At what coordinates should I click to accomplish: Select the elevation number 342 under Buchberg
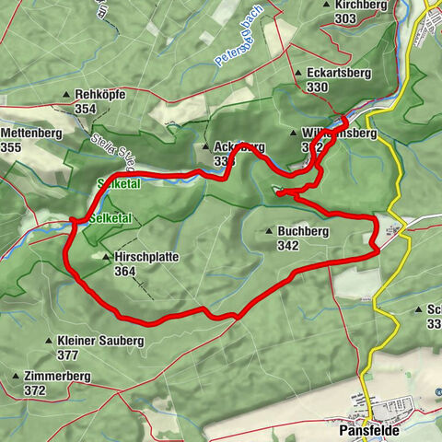(x=286, y=246)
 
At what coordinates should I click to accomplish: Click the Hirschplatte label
(x=146, y=258)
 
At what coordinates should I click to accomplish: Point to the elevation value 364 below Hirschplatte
(x=126, y=272)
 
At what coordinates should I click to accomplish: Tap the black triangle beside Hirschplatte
(x=108, y=258)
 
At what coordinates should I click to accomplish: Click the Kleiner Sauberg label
(x=100, y=340)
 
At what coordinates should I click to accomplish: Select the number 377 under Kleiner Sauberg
(x=67, y=354)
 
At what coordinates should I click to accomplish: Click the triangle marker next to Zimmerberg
(x=16, y=377)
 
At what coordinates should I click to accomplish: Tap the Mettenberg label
(x=30, y=134)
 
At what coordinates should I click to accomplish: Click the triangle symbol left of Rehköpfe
(x=66, y=95)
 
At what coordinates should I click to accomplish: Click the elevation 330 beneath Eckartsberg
(x=318, y=87)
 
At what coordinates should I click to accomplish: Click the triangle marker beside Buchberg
(x=268, y=232)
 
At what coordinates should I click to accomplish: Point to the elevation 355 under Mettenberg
(x=12, y=147)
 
